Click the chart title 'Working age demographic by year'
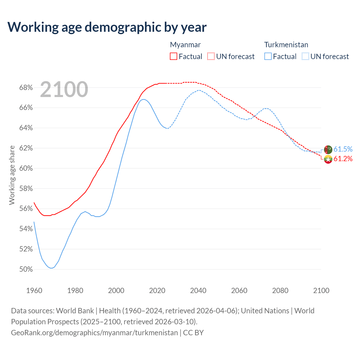point(107,27)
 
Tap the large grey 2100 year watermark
point(64,89)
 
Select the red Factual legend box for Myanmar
point(174,57)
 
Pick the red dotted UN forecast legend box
point(211,57)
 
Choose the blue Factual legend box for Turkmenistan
point(268,57)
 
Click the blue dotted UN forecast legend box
point(305,57)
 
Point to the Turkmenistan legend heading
point(286,45)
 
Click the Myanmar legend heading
point(185,45)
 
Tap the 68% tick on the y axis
point(26,88)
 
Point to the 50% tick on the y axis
point(26,269)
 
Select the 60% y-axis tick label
point(26,168)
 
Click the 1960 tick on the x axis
point(34,291)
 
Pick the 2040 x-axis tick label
point(198,291)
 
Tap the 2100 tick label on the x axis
point(321,291)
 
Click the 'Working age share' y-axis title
point(12,175)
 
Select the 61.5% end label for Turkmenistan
point(343,149)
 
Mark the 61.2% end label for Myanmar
point(343,159)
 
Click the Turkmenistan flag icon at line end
point(328,150)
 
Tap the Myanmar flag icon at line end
point(328,159)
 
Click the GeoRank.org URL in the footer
point(94,333)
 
